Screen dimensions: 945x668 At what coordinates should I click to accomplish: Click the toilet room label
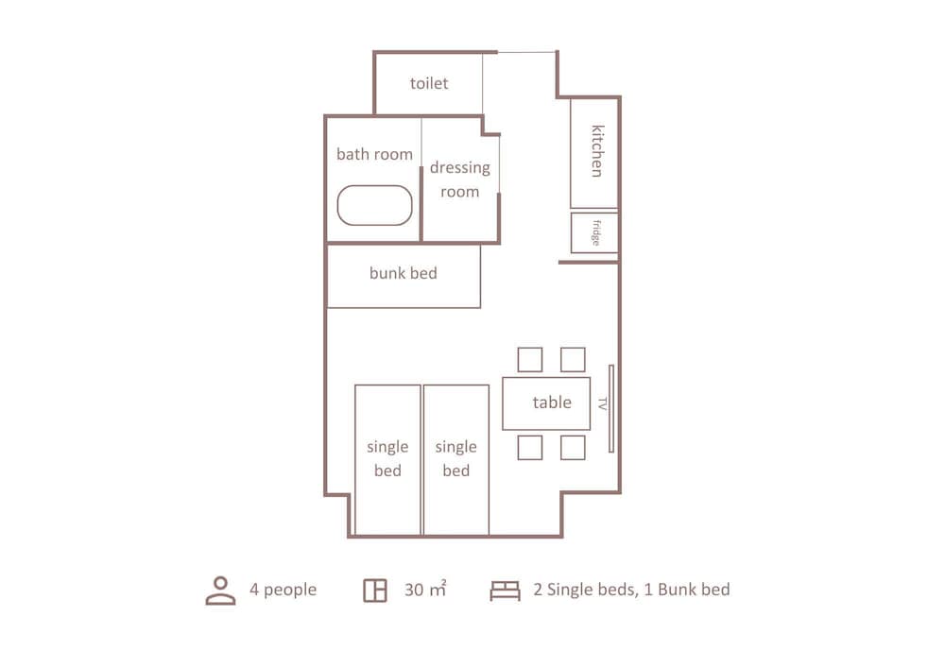[429, 83]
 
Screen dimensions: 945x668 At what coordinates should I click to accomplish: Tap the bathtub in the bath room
[374, 205]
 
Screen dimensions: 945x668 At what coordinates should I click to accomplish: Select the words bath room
[374, 154]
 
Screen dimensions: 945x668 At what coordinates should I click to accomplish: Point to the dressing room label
[460, 179]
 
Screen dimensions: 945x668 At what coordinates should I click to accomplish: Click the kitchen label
[596, 151]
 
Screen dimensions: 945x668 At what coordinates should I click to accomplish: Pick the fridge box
[594, 232]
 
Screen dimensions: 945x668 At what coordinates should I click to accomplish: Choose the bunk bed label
[404, 273]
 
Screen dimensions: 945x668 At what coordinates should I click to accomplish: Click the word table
[552, 402]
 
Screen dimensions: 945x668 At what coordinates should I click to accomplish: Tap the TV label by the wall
[602, 403]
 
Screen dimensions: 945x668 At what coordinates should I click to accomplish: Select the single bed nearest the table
[456, 459]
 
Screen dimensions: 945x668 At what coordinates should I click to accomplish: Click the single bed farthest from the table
[387, 459]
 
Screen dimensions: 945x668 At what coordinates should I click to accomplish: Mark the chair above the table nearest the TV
[573, 360]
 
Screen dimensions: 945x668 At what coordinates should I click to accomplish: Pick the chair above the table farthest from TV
[530, 360]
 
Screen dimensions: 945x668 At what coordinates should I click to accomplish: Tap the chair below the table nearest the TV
[573, 448]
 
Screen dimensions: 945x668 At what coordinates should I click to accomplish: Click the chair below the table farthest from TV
[530, 448]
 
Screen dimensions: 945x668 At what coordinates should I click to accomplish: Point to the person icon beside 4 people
[220, 591]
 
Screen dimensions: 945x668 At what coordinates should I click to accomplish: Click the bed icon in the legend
[505, 591]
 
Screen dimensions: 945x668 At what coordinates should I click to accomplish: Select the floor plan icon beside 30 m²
[375, 591]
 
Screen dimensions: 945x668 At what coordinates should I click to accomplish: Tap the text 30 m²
[425, 589]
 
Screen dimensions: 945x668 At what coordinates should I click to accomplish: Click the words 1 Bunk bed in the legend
[686, 589]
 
